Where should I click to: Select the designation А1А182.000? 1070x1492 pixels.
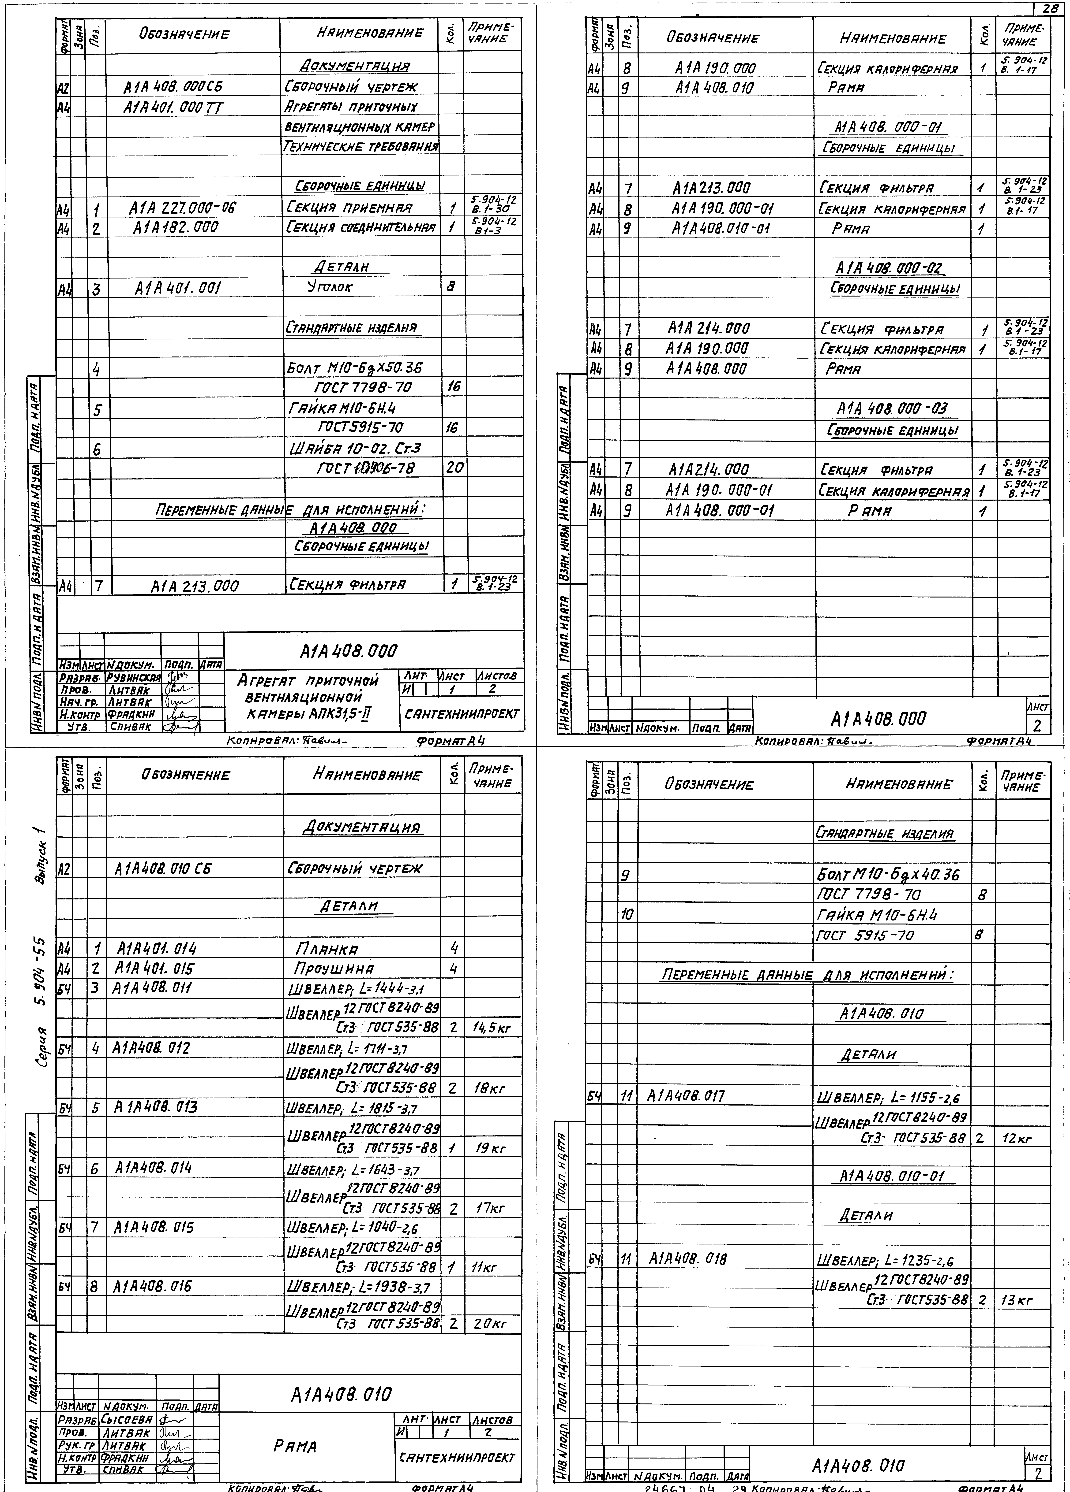pos(176,228)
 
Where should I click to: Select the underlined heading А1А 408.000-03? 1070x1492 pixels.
pos(892,409)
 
